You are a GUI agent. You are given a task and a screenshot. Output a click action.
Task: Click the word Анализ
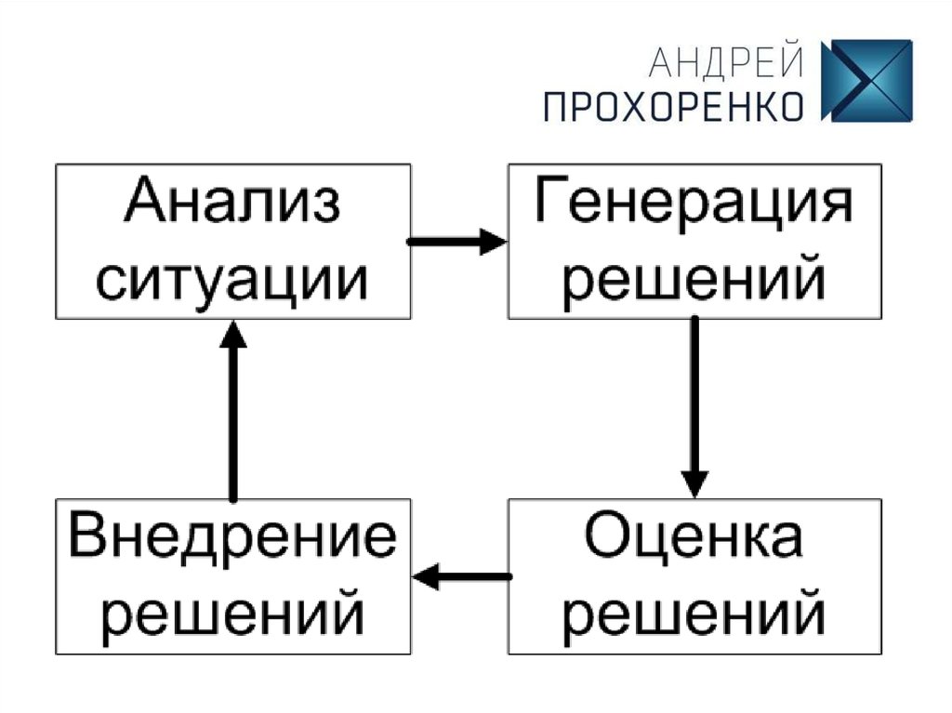click(232, 203)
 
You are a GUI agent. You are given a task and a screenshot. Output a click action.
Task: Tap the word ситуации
click(232, 277)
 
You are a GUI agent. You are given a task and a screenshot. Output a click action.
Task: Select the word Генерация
click(694, 203)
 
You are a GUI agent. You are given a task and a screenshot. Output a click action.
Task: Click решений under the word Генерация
click(694, 277)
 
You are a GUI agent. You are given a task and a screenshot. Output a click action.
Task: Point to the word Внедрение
click(232, 538)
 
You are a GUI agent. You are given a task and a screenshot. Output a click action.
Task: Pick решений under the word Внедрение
click(232, 613)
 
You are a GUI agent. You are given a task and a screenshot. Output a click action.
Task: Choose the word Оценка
click(694, 538)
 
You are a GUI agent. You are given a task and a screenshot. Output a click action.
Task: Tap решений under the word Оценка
click(694, 613)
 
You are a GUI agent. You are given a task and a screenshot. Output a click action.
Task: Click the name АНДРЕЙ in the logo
click(725, 64)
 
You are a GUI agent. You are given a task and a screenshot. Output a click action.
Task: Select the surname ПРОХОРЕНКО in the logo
click(674, 106)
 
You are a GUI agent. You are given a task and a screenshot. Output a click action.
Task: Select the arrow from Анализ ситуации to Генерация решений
click(456, 243)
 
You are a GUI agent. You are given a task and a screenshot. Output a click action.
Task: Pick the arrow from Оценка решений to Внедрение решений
click(462, 577)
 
